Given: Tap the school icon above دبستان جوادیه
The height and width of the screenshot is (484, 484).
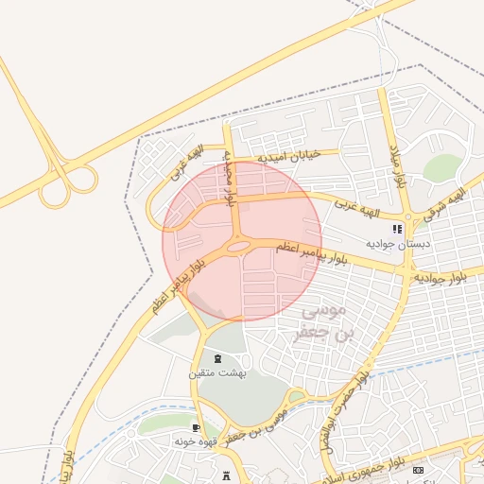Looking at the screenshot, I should coord(398,229).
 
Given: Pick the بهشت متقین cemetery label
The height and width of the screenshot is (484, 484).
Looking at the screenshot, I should coord(217,373).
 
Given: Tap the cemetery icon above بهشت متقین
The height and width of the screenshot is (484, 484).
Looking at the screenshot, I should coord(218,358).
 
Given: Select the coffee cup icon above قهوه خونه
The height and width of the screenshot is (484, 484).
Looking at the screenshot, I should coord(196,428).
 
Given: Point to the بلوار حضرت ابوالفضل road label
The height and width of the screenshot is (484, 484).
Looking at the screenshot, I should coord(347,409).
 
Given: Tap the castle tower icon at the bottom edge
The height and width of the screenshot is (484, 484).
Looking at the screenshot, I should coord(226,475).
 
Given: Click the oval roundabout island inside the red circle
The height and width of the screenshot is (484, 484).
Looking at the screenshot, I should coord(239,248).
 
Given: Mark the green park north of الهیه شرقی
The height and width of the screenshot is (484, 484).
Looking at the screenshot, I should coord(441,167).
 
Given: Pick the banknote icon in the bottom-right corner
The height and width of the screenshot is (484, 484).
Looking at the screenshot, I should coord(419,470).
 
